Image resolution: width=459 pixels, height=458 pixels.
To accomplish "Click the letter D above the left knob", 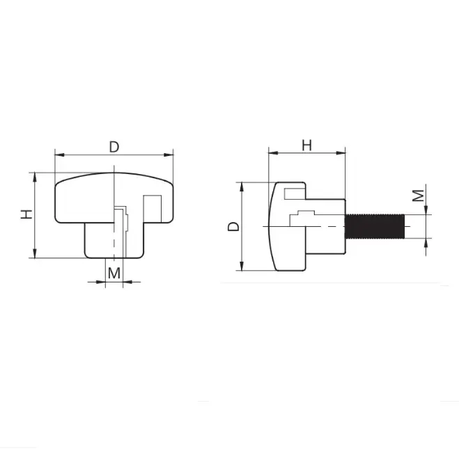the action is point(114,147).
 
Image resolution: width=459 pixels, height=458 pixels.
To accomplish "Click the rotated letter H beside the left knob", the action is point(26,214).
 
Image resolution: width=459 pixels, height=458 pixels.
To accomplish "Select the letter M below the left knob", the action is point(114,274).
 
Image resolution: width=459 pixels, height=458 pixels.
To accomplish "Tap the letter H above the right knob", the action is point(306,145).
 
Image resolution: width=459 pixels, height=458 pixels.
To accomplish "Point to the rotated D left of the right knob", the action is point(233,226).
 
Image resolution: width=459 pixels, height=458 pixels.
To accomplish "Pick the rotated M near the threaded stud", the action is point(418,196).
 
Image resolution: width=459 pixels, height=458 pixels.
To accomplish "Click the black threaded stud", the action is point(375,226).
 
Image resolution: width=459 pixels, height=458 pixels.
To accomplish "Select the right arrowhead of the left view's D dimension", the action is point(169,155).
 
